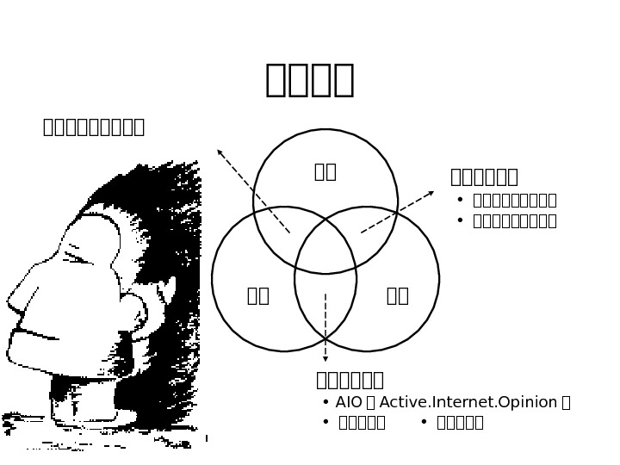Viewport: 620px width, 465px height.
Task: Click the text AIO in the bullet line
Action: pos(349,402)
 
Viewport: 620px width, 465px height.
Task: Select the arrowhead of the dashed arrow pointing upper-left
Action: pos(220,152)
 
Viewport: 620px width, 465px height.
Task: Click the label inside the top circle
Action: pos(325,171)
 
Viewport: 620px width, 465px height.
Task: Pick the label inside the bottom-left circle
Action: pos(258,295)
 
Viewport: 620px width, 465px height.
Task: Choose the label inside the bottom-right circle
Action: pos(398,295)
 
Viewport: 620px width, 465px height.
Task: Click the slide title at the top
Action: pos(310,79)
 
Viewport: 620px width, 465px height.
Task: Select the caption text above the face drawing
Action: pos(94,127)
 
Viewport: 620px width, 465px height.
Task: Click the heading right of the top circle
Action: pos(484,177)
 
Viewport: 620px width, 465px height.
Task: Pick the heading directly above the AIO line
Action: pos(350,380)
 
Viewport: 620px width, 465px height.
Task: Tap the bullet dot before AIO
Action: pos(325,402)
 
